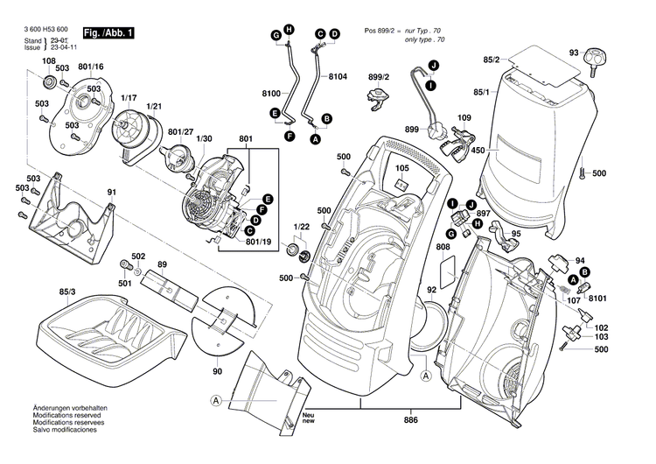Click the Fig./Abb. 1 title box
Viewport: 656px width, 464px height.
coord(108,33)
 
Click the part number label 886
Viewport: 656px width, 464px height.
coord(410,421)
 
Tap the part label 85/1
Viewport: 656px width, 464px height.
coord(480,91)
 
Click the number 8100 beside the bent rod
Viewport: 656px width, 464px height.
coord(271,93)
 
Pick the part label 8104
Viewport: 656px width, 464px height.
coord(338,78)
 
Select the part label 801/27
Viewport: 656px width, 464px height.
coord(180,131)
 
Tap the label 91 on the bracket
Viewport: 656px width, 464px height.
coord(111,192)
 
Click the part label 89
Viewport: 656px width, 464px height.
coord(162,264)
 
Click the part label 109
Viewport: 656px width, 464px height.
coord(464,118)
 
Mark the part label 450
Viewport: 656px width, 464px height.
coord(478,151)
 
